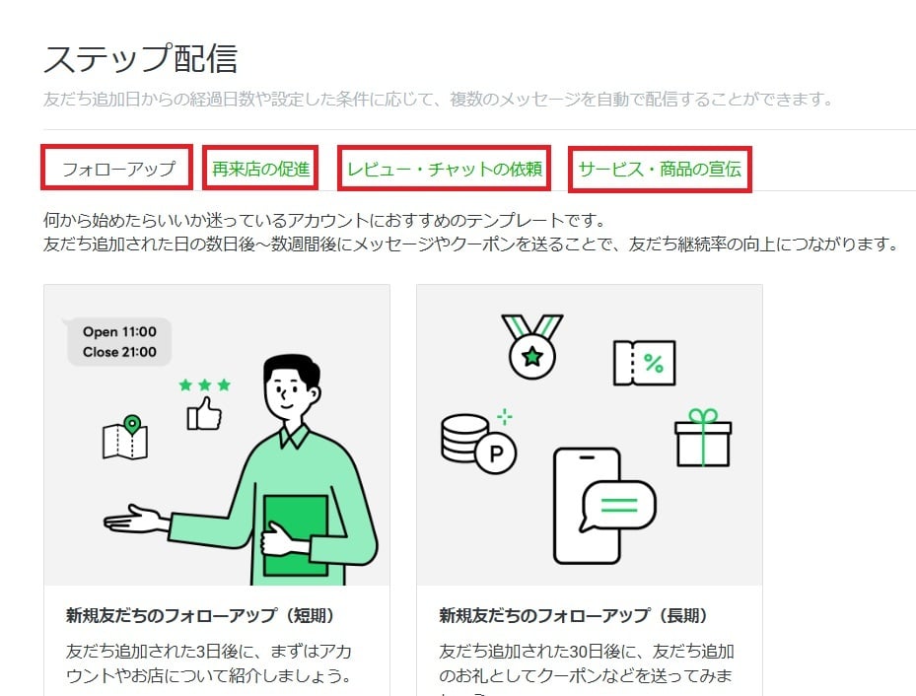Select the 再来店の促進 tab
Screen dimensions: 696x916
[x=260, y=169]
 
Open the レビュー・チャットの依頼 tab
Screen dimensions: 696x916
[x=444, y=169]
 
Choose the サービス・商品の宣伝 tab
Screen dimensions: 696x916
[x=660, y=169]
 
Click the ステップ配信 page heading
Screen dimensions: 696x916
[x=140, y=59]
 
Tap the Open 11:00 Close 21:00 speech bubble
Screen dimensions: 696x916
[x=118, y=341]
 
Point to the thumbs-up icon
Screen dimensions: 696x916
[x=205, y=414]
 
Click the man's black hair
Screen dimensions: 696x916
[x=292, y=372]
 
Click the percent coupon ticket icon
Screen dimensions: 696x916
[x=644, y=363]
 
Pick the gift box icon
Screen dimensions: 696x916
[x=703, y=440]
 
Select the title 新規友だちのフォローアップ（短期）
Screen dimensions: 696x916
[x=200, y=616]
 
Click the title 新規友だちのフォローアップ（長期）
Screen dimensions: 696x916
[x=574, y=616]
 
